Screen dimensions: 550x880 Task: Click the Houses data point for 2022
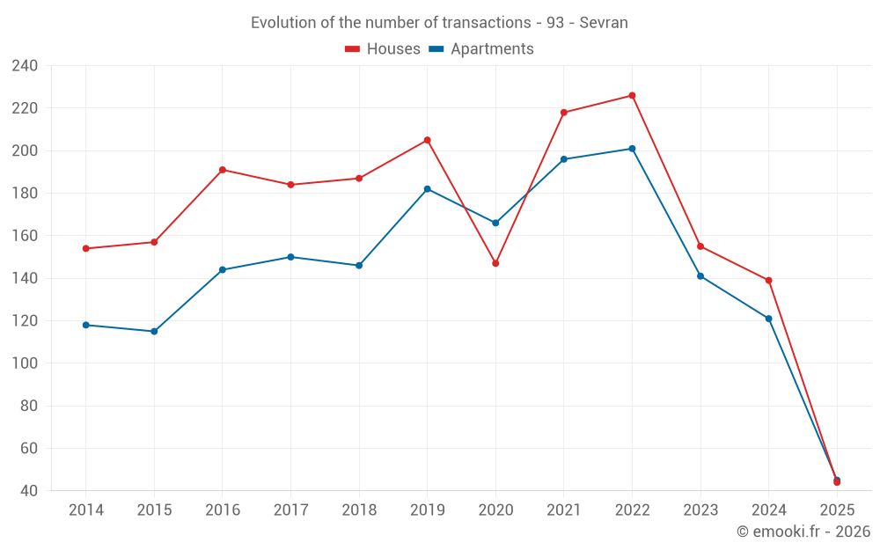click(632, 96)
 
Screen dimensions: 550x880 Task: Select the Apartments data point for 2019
click(427, 189)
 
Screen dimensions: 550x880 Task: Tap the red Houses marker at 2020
click(495, 263)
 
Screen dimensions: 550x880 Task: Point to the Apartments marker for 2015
click(154, 332)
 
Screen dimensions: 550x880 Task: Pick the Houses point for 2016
click(223, 170)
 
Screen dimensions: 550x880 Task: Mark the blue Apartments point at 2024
click(768, 319)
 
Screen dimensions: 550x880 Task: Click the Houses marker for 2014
click(86, 248)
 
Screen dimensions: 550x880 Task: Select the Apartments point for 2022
click(632, 149)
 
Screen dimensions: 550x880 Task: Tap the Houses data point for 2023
click(700, 246)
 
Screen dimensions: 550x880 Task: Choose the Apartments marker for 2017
click(290, 257)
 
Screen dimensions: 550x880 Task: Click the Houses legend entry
click(383, 49)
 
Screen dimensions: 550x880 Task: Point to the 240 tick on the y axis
click(25, 66)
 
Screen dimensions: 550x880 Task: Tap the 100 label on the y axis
click(25, 363)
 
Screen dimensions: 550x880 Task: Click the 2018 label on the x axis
click(359, 510)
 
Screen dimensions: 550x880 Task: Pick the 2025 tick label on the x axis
click(837, 510)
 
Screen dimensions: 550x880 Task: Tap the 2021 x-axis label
click(564, 510)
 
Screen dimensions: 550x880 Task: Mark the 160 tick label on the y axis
click(25, 236)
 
